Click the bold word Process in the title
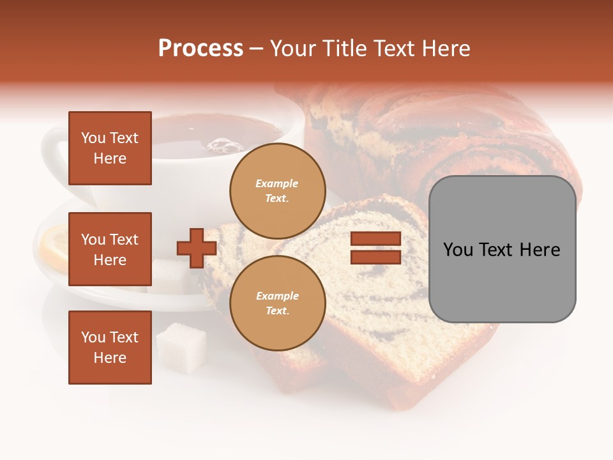201,49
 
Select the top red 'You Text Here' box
110,148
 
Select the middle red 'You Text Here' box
110,249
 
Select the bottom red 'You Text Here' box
110,347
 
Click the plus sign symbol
197,249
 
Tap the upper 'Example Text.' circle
277,190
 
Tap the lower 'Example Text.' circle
277,303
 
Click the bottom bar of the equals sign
375,257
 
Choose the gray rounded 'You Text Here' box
502,249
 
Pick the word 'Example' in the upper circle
277,183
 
